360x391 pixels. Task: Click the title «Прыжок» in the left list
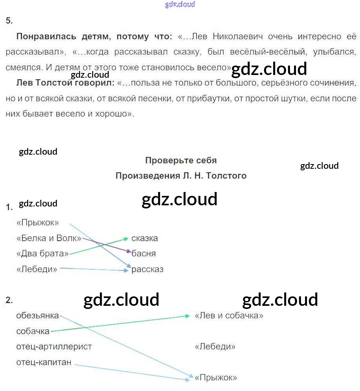[38, 223]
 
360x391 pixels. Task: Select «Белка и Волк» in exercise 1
[49, 238]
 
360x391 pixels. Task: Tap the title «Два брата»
[42, 254]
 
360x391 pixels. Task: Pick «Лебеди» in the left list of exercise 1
[37, 269]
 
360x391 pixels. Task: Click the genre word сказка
[145, 238]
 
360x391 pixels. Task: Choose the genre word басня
[144, 254]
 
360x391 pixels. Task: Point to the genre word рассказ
[147, 269]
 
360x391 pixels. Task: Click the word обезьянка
[38, 316]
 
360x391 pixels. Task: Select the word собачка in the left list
[33, 331]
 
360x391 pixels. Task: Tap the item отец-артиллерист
[54, 347]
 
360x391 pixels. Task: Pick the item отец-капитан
[44, 362]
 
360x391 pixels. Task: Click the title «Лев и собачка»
[229, 316]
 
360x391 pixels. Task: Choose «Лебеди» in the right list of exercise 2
[215, 347]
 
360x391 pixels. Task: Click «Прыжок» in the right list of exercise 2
[216, 378]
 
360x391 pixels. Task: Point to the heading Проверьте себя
[181, 160]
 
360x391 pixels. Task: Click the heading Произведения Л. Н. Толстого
[181, 176]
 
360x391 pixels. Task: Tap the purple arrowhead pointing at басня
[128, 250]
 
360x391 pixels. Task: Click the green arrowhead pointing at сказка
[126, 238]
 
